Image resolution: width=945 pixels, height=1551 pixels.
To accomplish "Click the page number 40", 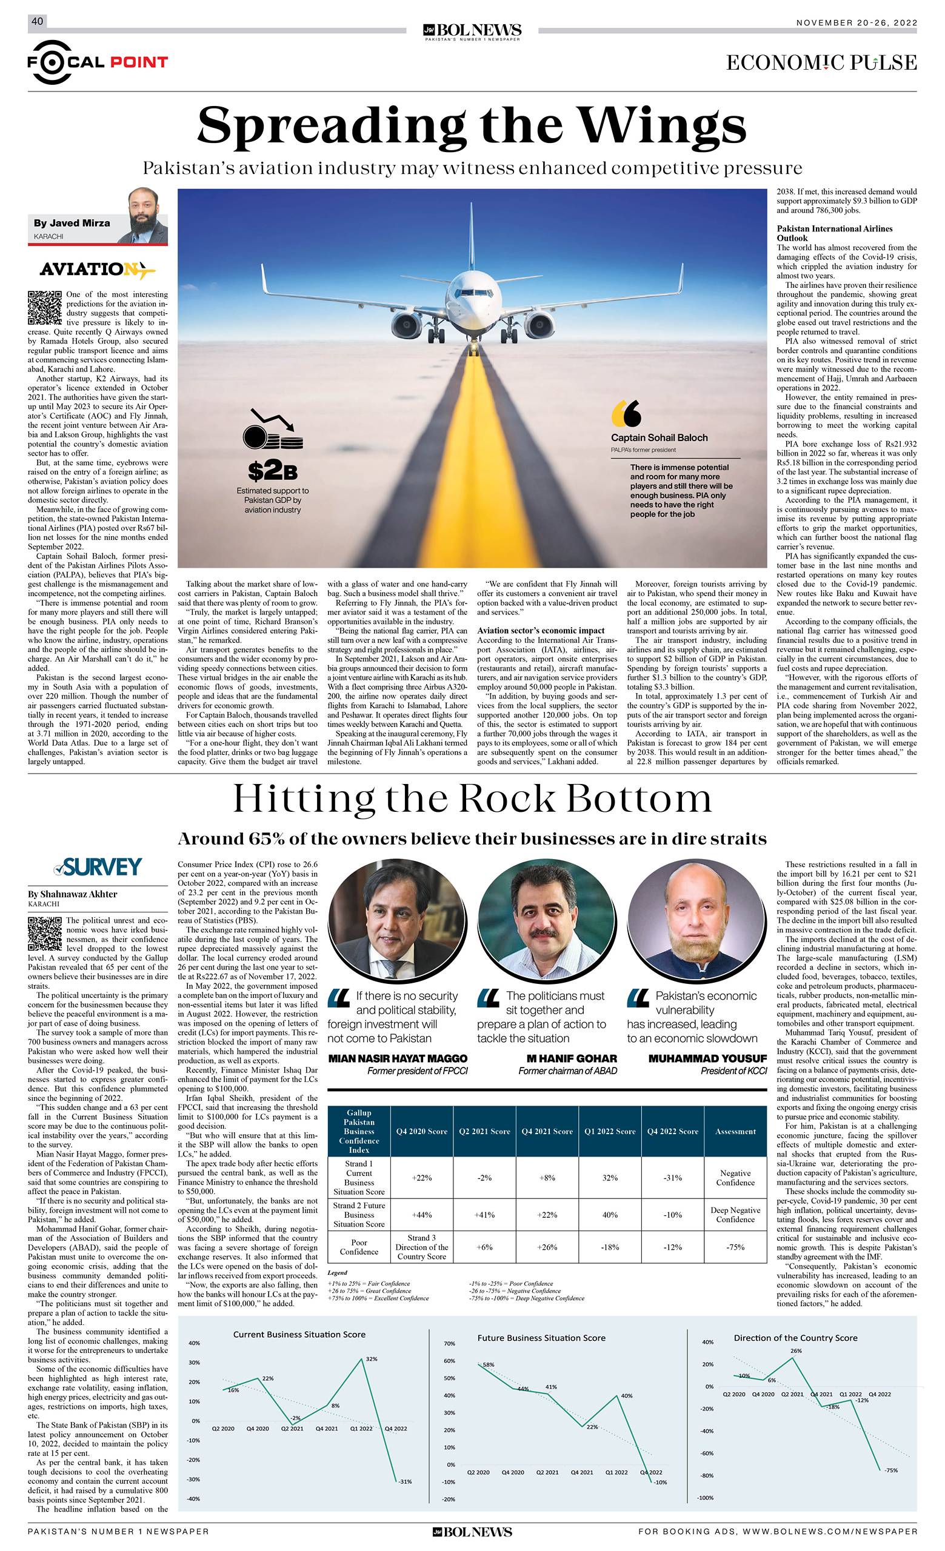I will coord(37,22).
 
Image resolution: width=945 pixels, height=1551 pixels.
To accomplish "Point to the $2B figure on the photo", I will coord(272,470).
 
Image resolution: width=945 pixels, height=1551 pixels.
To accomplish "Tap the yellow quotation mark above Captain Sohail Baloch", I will coord(626,413).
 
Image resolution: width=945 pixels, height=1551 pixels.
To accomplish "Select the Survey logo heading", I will coord(98,867).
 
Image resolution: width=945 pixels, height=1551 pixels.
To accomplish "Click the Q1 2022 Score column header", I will coord(609,1131).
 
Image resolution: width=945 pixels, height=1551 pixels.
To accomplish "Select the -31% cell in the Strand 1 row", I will coord(672,1178).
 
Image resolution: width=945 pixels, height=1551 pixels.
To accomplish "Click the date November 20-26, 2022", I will coord(857,22).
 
